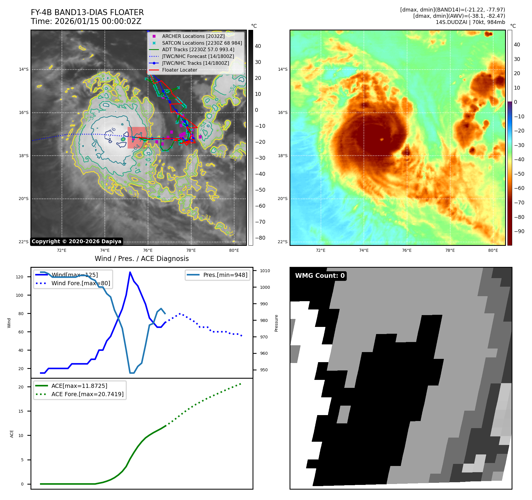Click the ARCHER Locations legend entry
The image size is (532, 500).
coord(193,36)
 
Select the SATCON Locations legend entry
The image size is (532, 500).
coord(202,43)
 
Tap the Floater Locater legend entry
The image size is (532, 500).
coord(179,70)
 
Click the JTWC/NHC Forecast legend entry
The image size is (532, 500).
coord(198,57)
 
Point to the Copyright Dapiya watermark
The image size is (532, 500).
coord(76,241)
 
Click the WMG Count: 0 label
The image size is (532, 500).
coord(320,276)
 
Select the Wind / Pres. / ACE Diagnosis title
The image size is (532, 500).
coord(142,259)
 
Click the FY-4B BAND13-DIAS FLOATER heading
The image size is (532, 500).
coord(87,12)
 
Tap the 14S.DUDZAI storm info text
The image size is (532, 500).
coord(470,22)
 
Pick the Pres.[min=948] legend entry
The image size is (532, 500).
coord(225,275)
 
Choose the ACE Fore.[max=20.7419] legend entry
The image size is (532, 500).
coord(87,394)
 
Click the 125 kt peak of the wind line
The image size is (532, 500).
coord(130,272)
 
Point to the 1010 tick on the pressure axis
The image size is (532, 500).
coord(265,271)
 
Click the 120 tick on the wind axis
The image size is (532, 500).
coord(20,277)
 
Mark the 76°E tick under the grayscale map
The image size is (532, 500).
coord(148,251)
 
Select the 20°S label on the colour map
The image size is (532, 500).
coord(282,199)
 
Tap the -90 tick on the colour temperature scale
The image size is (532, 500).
coord(519,231)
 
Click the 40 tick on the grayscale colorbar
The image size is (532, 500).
coord(258,46)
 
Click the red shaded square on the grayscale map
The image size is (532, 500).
coord(137,138)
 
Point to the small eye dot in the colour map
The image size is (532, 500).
coord(382,139)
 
